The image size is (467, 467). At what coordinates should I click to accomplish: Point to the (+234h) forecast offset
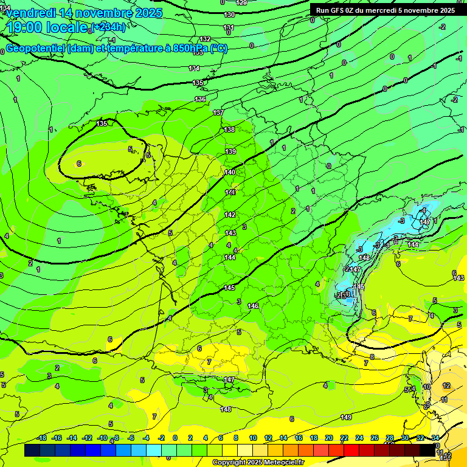point(108,27)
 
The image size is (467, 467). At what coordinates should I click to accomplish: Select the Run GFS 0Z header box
point(385,10)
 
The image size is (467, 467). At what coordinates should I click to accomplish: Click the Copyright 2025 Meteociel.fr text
point(258,462)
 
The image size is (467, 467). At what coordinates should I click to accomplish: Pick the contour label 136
point(201,99)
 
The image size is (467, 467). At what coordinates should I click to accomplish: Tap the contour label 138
point(229,130)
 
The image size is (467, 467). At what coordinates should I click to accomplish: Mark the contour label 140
point(230,172)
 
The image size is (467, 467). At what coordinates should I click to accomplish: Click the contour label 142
point(230,215)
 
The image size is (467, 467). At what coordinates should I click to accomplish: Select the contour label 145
point(229,288)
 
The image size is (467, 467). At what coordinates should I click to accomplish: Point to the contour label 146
point(254,306)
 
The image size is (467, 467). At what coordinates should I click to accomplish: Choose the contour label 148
point(226,409)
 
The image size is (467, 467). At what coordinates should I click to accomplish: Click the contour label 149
point(346,417)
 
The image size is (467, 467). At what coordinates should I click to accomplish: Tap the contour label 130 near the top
point(229,15)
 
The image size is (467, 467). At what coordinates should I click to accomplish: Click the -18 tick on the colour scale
point(41,438)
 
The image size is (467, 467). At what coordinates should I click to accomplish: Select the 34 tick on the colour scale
point(435,438)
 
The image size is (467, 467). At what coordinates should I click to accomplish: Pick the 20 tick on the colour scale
point(329,438)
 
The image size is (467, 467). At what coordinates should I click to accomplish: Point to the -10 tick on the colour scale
point(102,438)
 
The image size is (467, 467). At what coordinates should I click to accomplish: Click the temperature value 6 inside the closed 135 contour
point(79,164)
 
